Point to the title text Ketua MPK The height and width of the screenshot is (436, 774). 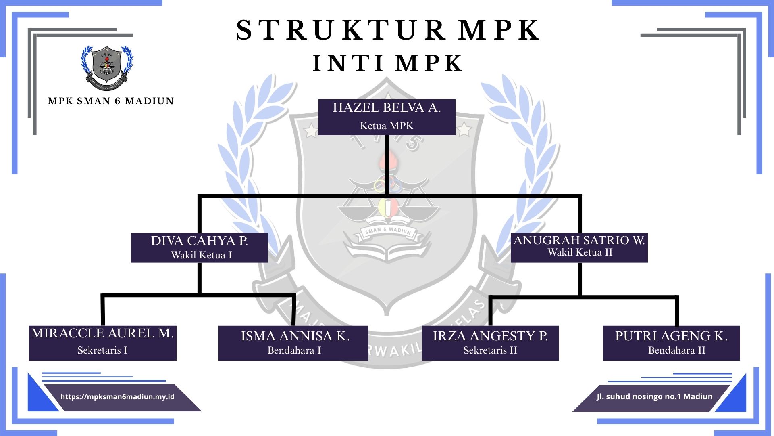point(387,126)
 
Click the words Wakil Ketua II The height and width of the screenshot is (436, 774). point(580,253)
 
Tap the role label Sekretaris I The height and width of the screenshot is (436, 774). point(102,350)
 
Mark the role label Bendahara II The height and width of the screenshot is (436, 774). point(676,350)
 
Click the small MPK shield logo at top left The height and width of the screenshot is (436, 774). point(107,67)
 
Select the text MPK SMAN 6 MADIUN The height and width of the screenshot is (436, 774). point(110,101)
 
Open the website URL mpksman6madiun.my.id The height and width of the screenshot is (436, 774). point(117,397)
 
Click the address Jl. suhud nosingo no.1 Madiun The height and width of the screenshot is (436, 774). point(654,397)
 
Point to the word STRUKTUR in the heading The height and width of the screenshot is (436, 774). point(341,30)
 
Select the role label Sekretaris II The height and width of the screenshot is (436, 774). point(490,350)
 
